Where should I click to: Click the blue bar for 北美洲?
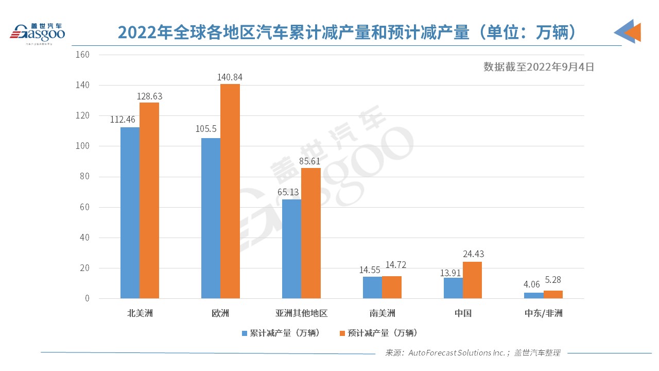pos(130,212)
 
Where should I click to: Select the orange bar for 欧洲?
pos(230,191)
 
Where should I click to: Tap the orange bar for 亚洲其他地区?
pos(311,233)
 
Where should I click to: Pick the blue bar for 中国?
pos(453,288)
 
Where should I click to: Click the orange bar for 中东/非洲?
pos(553,294)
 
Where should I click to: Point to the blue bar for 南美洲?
pos(372,288)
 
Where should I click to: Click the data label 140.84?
pos(230,77)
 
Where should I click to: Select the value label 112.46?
pos(123,120)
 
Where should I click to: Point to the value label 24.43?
pos(472,254)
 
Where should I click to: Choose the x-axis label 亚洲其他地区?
pos(301,313)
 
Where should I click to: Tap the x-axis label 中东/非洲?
pos(543,313)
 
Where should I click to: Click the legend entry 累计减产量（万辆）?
pos(281,333)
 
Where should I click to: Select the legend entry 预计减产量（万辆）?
pos(378,333)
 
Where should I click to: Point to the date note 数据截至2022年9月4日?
pos(539,66)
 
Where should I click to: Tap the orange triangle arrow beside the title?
pos(633,32)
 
